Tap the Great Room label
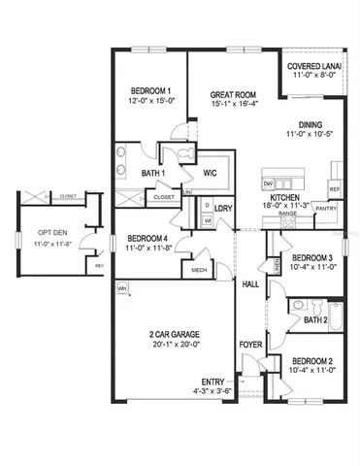[x=232, y=95]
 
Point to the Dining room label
[x=311, y=124]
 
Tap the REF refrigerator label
[x=334, y=188]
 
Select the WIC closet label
[x=209, y=173]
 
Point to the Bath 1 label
[x=153, y=174]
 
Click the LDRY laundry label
[x=223, y=208]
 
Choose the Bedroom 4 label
[x=148, y=239]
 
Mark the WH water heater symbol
[x=123, y=289]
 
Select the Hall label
[x=250, y=284]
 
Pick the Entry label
[x=213, y=382]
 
